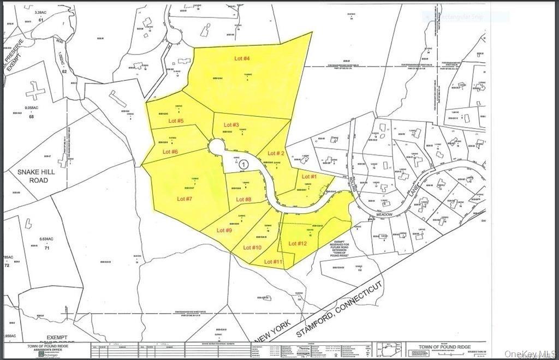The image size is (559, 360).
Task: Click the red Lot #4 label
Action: pos(242,58)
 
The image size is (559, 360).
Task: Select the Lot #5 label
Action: pos(176,121)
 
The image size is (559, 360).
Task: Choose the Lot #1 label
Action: pos(310,177)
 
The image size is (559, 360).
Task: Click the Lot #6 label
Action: pos(171,151)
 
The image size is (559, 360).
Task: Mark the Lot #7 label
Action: pos(185,199)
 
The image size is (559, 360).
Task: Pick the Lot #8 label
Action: pos(243,199)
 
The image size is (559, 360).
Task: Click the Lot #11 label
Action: pos(273,262)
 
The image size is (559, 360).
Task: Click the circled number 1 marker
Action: pos(244,163)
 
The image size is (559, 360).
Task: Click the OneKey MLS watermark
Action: pos(528,353)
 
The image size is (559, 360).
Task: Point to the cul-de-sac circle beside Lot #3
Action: pos(217,147)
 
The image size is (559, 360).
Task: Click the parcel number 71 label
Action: pos(47,248)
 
